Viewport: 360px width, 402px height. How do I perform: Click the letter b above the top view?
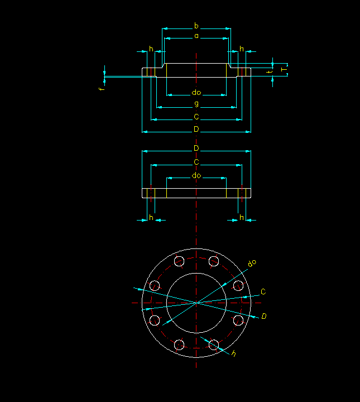click(x=196, y=26)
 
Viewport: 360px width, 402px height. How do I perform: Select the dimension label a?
click(x=196, y=36)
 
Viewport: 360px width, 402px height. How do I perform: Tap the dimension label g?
click(x=196, y=104)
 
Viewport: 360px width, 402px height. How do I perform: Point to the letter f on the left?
click(x=101, y=89)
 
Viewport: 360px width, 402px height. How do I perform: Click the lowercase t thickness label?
click(x=269, y=71)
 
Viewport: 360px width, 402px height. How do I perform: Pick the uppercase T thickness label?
click(x=283, y=70)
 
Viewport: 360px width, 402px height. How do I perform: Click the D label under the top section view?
click(x=196, y=129)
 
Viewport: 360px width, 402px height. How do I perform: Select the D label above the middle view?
click(x=196, y=148)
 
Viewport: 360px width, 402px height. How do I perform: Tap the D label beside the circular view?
click(x=264, y=317)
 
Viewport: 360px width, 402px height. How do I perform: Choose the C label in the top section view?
click(x=196, y=117)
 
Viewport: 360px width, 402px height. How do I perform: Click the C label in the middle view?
click(x=196, y=162)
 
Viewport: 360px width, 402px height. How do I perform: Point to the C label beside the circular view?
click(x=263, y=291)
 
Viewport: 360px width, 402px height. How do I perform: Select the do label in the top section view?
click(x=196, y=92)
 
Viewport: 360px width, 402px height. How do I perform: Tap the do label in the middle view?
click(x=196, y=176)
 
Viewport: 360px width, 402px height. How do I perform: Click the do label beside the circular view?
click(x=252, y=262)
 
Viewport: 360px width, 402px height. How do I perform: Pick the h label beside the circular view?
click(x=234, y=353)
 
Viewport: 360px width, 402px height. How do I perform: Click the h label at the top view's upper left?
click(x=151, y=49)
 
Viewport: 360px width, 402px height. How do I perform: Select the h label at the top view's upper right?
click(x=241, y=49)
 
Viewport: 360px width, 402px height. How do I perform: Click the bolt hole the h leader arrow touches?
click(x=213, y=344)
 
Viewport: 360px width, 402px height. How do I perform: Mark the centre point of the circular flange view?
click(x=196, y=303)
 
